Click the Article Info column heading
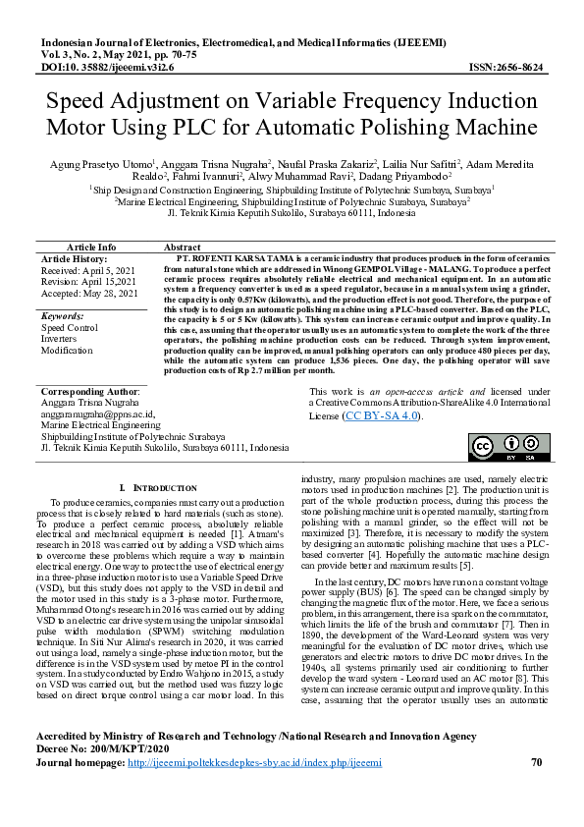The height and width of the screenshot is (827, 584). pyautogui.click(x=90, y=247)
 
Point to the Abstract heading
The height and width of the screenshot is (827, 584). pyautogui.click(x=183, y=247)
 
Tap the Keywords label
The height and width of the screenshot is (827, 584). pyautogui.click(x=64, y=315)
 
